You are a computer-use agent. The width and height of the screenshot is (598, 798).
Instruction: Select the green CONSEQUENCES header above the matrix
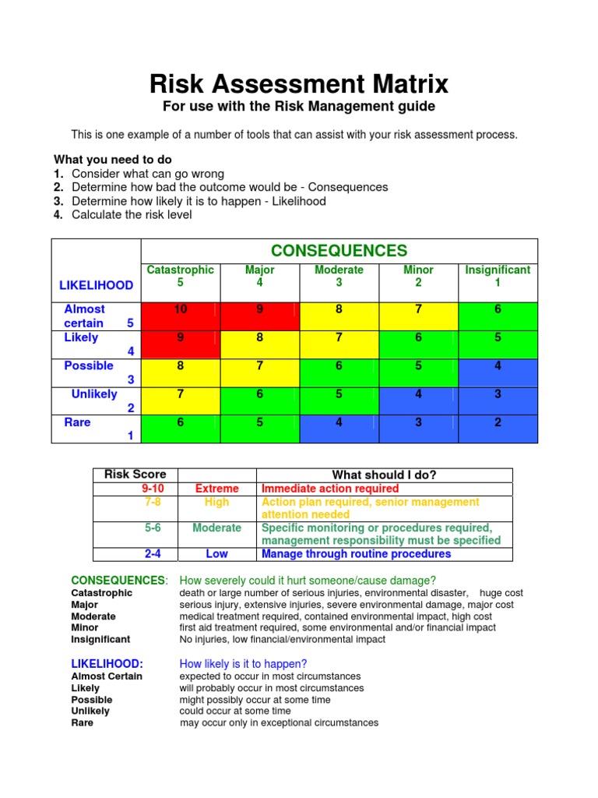[339, 251]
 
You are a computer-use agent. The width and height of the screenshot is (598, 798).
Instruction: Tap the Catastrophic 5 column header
[181, 276]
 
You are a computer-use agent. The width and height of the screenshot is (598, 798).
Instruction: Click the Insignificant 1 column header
[498, 276]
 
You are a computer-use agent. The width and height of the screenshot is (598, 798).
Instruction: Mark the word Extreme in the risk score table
[216, 489]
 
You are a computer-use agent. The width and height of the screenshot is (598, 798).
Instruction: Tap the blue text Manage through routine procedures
[356, 554]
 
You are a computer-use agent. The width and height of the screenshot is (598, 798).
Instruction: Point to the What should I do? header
[384, 475]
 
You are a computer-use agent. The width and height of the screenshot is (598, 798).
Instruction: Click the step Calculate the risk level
[132, 214]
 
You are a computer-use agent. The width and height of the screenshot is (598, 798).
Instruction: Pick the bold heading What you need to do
[112, 160]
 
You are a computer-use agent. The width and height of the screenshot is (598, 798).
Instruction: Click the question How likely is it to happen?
[243, 664]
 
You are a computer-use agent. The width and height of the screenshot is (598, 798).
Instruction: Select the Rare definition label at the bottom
[82, 722]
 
